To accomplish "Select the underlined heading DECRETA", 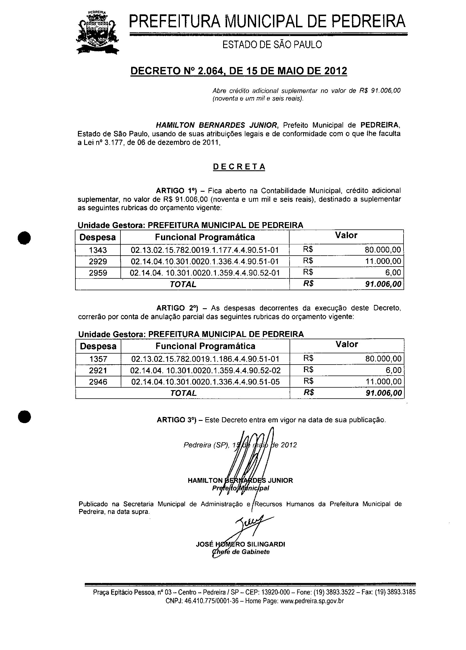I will tap(239, 167).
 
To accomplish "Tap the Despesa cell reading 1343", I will tap(98, 250).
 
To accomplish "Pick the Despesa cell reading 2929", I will tap(98, 261).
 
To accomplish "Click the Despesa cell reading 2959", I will tap(98, 273).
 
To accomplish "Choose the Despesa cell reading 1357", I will tap(98, 359).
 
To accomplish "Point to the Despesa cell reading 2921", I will tap(98, 370).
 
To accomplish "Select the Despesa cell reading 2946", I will tap(98, 382).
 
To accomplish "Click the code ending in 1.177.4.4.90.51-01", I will tap(205, 250).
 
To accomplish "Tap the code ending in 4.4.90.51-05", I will tap(205, 382).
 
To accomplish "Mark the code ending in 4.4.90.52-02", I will tap(205, 370).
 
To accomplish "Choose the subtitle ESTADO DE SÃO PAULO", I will tap(272, 45).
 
